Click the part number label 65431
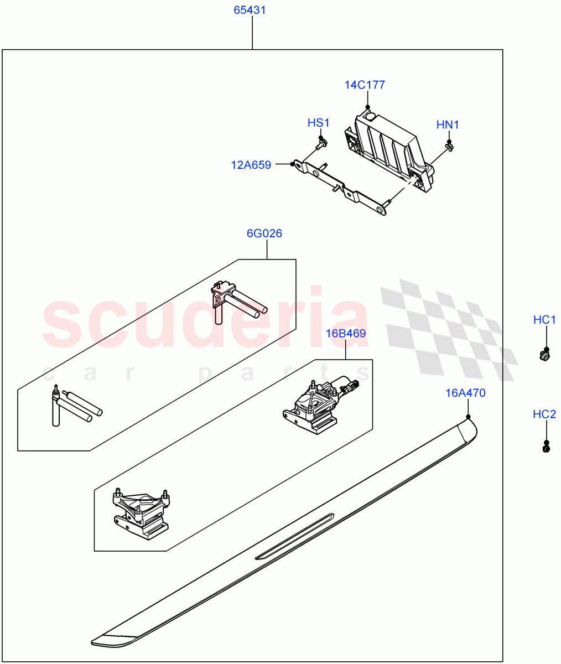pos(252,11)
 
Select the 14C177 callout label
pos(365,85)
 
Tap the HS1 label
pos(319,123)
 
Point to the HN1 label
pos(448,125)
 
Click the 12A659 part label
pos(251,165)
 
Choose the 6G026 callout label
pos(264,234)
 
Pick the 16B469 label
pos(346,334)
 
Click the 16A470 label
pos(466,393)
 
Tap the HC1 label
pos(544,320)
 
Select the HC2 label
pos(544,414)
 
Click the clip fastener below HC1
pos(545,356)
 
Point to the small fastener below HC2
pos(546,449)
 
